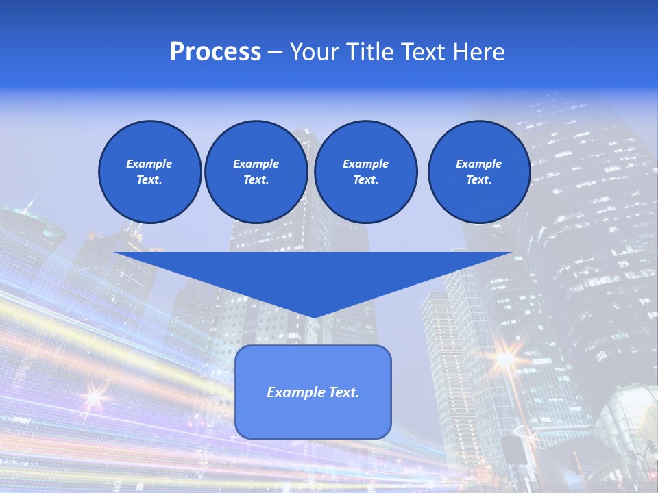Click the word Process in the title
pos(215,52)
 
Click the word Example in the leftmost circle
pos(149,164)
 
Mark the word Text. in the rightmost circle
pos(479,179)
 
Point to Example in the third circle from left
pos(365,164)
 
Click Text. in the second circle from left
pos(256,179)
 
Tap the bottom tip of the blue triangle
pos(313,316)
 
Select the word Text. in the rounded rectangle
pos(343,392)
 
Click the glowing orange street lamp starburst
pos(506,357)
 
